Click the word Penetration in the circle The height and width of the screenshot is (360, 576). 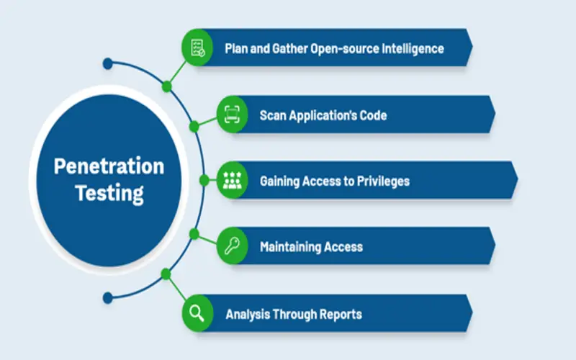(x=109, y=166)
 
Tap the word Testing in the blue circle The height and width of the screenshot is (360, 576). (x=109, y=193)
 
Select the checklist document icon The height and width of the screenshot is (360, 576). (x=197, y=48)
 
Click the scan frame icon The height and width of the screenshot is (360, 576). (x=232, y=114)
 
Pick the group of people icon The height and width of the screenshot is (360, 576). (x=232, y=180)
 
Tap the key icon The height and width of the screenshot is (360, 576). (x=232, y=246)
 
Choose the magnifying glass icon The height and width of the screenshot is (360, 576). (x=197, y=313)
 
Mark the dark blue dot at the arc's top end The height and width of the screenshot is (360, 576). (x=107, y=63)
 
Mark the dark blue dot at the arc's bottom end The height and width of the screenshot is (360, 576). (x=107, y=297)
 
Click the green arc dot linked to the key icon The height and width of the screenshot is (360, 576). (x=194, y=233)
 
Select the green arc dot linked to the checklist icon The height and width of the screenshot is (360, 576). (x=167, y=86)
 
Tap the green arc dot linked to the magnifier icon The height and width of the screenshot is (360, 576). (x=166, y=274)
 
